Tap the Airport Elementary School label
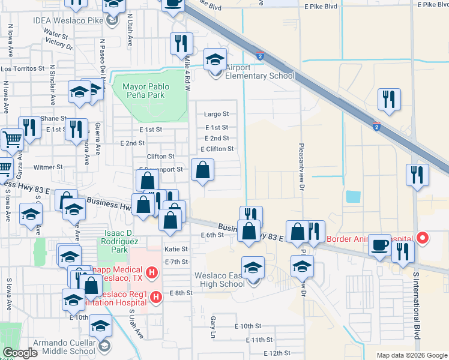pos(259,76)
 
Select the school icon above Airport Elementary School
pos(214,59)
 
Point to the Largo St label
pos(217,113)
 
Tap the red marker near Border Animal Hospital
pos(423,238)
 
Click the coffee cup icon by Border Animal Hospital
pos(380,245)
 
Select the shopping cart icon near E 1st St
pos(12,140)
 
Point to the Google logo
pos(20,353)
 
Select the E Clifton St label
pos(217,149)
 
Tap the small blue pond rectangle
pos(353,196)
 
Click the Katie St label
pos(176,248)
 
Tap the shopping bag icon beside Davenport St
pos(203,170)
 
